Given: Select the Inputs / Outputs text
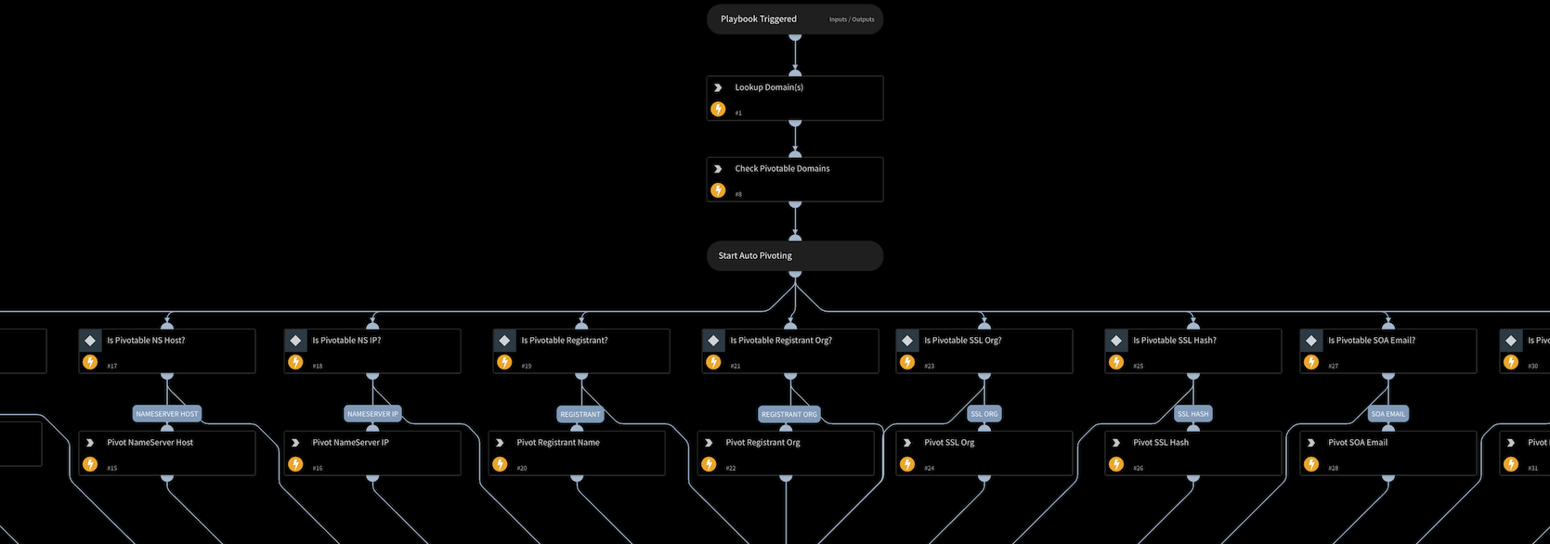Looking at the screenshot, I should point(851,19).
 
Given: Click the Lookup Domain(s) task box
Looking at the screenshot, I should point(794,97).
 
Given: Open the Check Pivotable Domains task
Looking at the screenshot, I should point(794,179).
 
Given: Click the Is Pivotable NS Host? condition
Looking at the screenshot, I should point(167,351).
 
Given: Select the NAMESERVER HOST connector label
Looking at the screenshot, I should point(167,414).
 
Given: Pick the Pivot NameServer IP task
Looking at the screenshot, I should point(371,453).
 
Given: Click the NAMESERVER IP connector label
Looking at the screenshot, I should point(372,414).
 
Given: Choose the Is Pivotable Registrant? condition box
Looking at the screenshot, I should point(580,351).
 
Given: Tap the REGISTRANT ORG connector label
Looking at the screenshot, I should point(788,414).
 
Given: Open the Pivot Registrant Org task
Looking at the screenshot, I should point(786,453).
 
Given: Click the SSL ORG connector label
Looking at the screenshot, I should point(983,414).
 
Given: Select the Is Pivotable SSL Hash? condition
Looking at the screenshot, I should point(1192,351).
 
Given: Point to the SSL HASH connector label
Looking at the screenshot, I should point(1192,414).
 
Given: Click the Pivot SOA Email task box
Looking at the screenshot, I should point(1387,453).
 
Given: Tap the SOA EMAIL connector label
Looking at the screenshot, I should point(1387,414).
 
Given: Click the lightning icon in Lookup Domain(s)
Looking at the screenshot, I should point(718,110).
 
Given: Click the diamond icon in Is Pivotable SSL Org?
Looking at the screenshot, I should point(907,341).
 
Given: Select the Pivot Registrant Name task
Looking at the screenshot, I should point(577,453).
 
